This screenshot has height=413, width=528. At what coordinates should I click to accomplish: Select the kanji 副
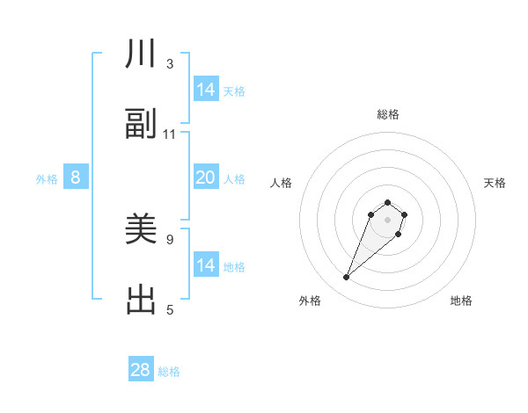[x=141, y=125]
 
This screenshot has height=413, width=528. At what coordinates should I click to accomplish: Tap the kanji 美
[x=141, y=230]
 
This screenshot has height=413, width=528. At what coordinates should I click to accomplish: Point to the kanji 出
[x=141, y=300]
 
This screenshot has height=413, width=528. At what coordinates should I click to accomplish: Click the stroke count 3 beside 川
[x=170, y=64]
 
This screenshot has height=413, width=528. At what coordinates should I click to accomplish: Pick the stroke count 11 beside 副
[x=170, y=134]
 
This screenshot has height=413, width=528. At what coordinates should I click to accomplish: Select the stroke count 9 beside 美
[x=170, y=238]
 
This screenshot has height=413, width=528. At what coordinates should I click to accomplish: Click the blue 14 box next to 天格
[x=206, y=90]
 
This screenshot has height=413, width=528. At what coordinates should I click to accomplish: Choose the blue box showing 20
[x=206, y=178]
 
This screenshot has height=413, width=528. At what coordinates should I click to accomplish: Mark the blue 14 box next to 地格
[x=206, y=264]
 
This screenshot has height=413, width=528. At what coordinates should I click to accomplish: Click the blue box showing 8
[x=76, y=178]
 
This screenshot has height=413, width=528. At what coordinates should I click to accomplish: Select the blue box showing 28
[x=141, y=370]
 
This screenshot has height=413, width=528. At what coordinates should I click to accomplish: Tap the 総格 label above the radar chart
[x=388, y=114]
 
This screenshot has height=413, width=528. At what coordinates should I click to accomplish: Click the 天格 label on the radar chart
[x=495, y=183]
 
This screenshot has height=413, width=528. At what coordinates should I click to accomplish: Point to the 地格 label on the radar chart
[x=461, y=301]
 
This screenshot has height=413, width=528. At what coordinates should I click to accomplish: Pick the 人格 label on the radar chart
[x=282, y=183]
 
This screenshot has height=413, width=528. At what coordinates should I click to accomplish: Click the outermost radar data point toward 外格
[x=347, y=278]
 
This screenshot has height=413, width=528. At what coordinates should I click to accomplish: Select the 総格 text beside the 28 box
[x=169, y=372]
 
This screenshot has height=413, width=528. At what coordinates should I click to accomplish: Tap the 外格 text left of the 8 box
[x=47, y=179]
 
